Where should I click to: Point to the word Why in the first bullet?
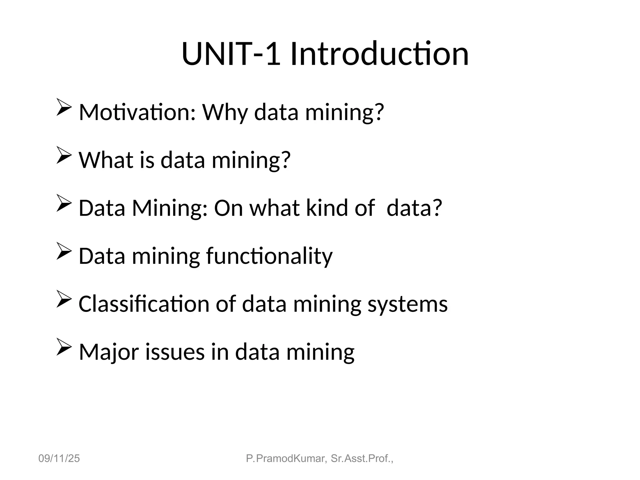(x=225, y=112)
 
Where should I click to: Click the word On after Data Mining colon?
(x=228, y=208)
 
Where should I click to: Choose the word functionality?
(x=269, y=256)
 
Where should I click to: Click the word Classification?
(x=144, y=304)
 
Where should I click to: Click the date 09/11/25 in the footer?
(x=59, y=458)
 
